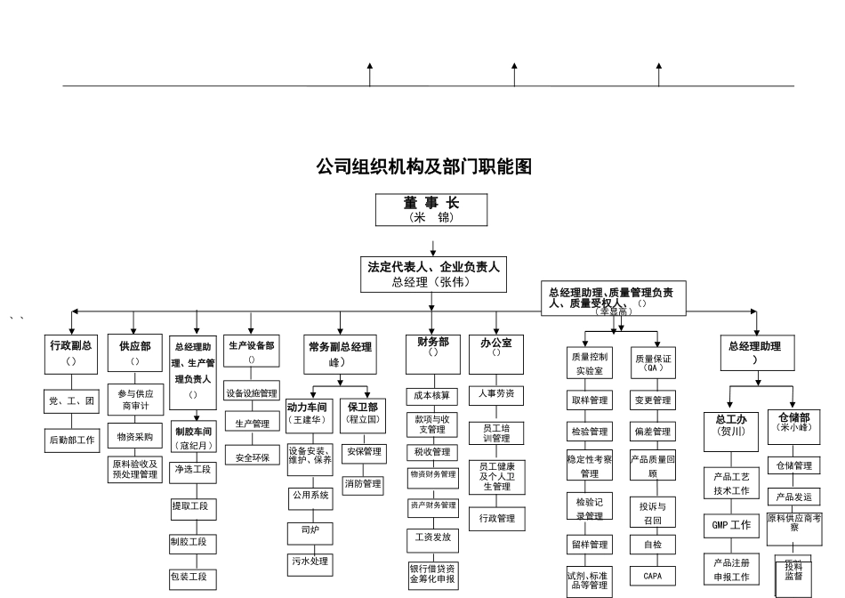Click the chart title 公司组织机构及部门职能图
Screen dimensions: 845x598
[x=424, y=166]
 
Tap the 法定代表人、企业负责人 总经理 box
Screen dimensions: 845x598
[x=433, y=273]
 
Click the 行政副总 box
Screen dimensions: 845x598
[x=71, y=353]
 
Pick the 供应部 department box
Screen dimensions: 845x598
[x=133, y=353]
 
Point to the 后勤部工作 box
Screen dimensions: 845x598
[x=71, y=439]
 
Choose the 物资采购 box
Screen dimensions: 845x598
[x=134, y=437]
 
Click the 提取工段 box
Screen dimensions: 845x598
[x=193, y=506]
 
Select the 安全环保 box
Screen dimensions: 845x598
[x=252, y=457]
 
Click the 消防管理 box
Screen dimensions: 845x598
[x=363, y=484]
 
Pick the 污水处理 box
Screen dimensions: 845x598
[x=309, y=562]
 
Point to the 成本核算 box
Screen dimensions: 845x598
[x=432, y=395]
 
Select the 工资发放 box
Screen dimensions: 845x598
[x=432, y=537]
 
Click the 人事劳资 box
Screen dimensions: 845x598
[x=495, y=393]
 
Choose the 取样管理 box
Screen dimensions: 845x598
[x=587, y=400]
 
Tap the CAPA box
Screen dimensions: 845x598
[x=652, y=576]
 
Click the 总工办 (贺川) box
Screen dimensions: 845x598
[x=730, y=424]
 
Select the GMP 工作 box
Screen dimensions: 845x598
[x=730, y=525]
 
